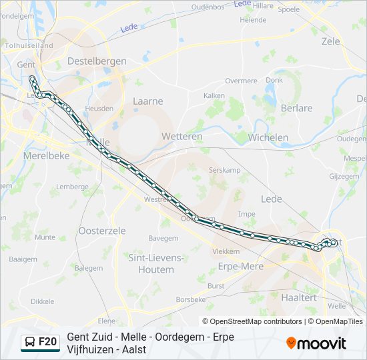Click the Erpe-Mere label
(x=241, y=266)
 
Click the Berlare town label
(x=296, y=108)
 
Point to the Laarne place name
(x=147, y=101)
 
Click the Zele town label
(x=330, y=41)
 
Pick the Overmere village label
(x=241, y=81)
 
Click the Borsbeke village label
(x=192, y=300)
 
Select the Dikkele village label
(x=42, y=301)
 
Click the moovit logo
(x=316, y=343)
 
